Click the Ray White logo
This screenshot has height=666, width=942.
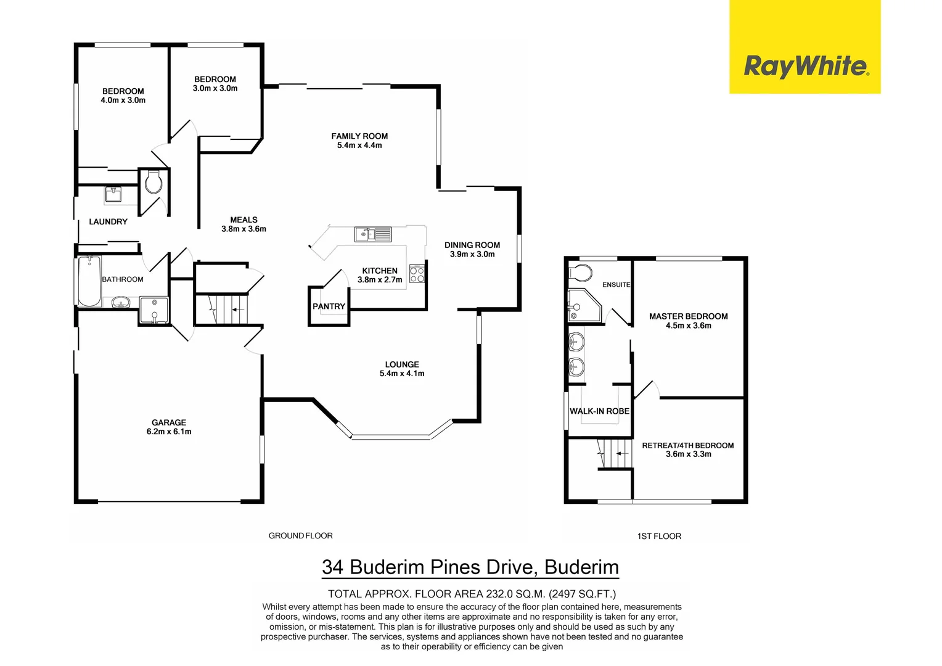click(x=805, y=65)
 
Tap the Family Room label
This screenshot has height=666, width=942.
click(x=359, y=136)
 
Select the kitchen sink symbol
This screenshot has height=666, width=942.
click(x=373, y=234)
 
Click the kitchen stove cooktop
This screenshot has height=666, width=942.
click(x=417, y=274)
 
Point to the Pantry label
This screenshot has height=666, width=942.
click(x=329, y=306)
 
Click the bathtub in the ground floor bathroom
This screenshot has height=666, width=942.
click(x=89, y=281)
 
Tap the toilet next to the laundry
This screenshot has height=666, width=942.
click(x=154, y=183)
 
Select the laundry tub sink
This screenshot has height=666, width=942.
click(x=113, y=195)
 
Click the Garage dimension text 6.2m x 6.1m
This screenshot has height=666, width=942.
click(x=169, y=432)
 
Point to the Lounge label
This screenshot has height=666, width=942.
click(x=402, y=364)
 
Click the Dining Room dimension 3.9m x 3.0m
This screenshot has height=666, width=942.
click(x=472, y=254)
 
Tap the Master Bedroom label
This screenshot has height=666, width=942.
click(x=688, y=316)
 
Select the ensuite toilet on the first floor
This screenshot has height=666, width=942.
click(x=581, y=273)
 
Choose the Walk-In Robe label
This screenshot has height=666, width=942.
click(x=599, y=411)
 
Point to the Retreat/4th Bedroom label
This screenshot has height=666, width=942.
click(x=687, y=445)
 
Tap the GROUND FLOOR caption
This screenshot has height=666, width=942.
click(x=300, y=536)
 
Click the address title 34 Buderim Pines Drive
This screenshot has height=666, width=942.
click(x=470, y=567)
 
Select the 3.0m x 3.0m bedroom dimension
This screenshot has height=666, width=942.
click(x=215, y=88)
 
